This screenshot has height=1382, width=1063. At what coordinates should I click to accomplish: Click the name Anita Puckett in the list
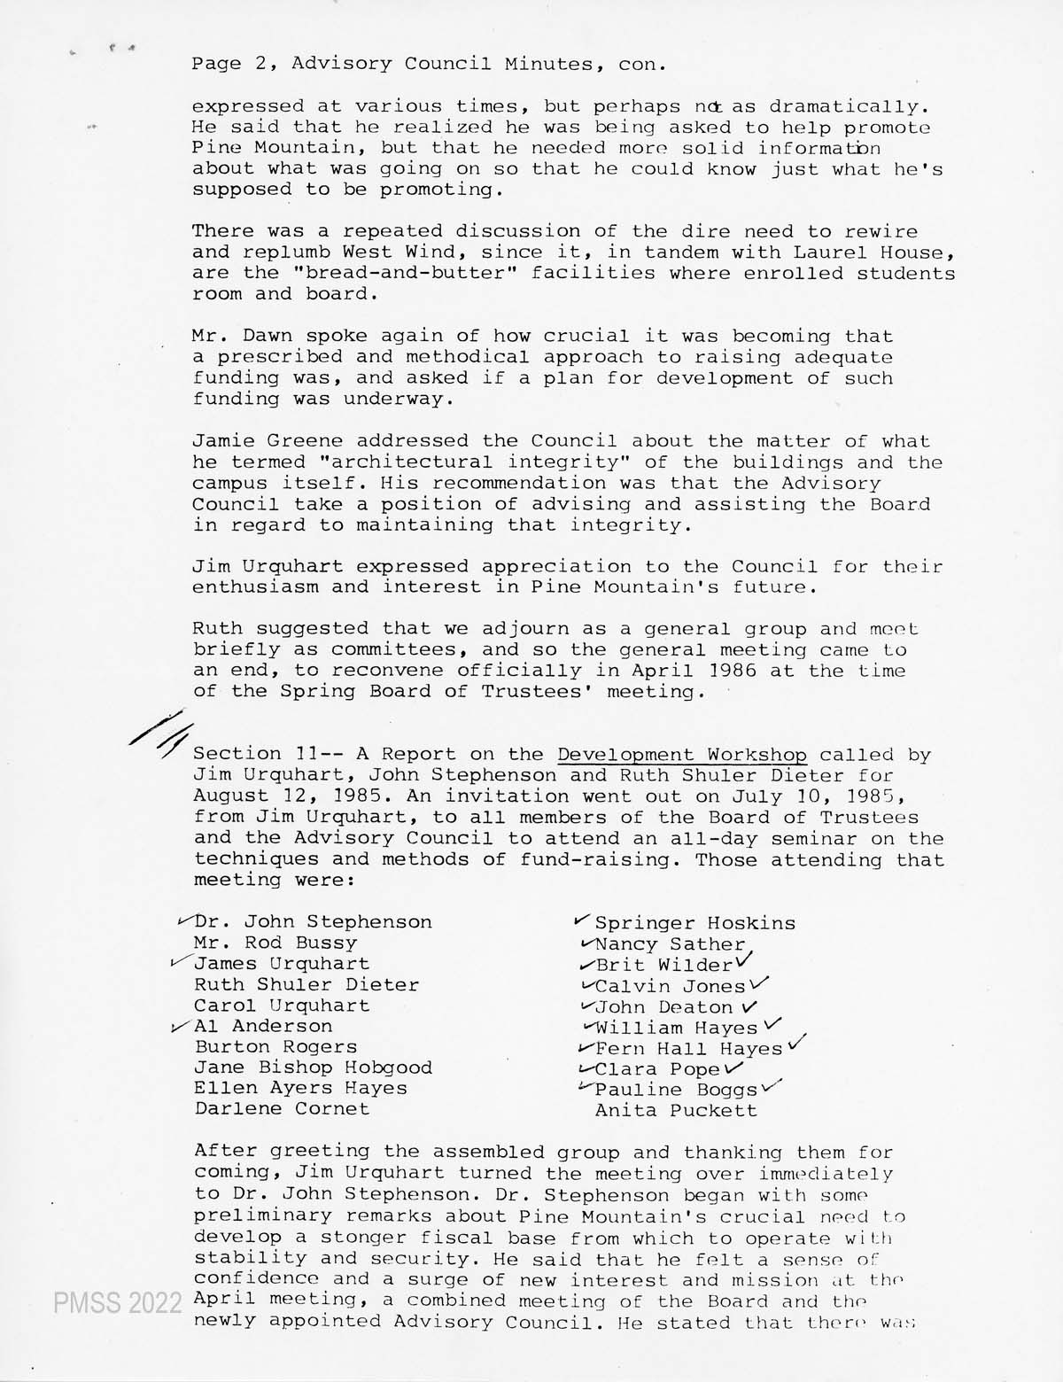676,1110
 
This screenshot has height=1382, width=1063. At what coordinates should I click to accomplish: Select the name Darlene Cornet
282,1108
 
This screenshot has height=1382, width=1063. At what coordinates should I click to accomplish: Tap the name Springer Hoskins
694,923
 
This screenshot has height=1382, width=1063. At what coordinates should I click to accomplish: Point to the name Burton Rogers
275,1046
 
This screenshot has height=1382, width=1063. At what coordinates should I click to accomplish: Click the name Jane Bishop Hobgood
313,1068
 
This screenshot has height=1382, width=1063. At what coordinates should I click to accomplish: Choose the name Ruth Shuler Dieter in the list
306,984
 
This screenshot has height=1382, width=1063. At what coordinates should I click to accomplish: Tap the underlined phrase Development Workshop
682,755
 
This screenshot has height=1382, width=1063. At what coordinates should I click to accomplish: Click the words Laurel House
887,252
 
